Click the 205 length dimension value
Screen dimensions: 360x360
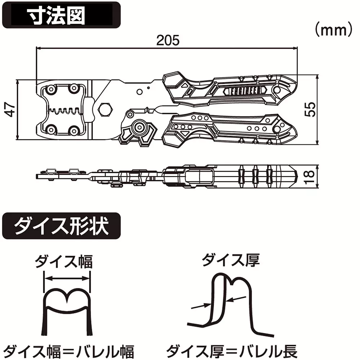click(167, 40)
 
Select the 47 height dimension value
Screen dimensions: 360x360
click(11, 109)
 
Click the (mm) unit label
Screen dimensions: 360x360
click(333, 30)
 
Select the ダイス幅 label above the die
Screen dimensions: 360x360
click(64, 262)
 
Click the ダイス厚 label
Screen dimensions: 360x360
click(231, 260)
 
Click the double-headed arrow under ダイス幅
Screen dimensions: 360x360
click(67, 278)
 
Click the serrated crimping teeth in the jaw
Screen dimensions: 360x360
click(65, 111)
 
